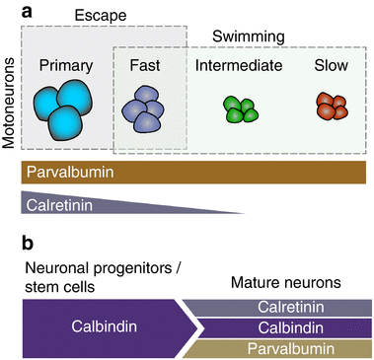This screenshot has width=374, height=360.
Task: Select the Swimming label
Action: (x=249, y=37)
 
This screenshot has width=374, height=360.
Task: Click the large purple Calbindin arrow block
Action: (x=104, y=324)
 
